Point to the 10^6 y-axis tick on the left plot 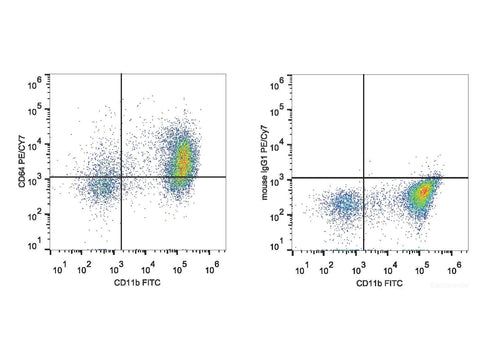[x=33, y=79]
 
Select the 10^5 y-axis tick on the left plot [x=33, y=111]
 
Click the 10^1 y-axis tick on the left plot [x=33, y=243]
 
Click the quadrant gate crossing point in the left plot [x=121, y=177]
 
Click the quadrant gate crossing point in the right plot [x=363, y=178]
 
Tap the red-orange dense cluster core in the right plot [x=424, y=189]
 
